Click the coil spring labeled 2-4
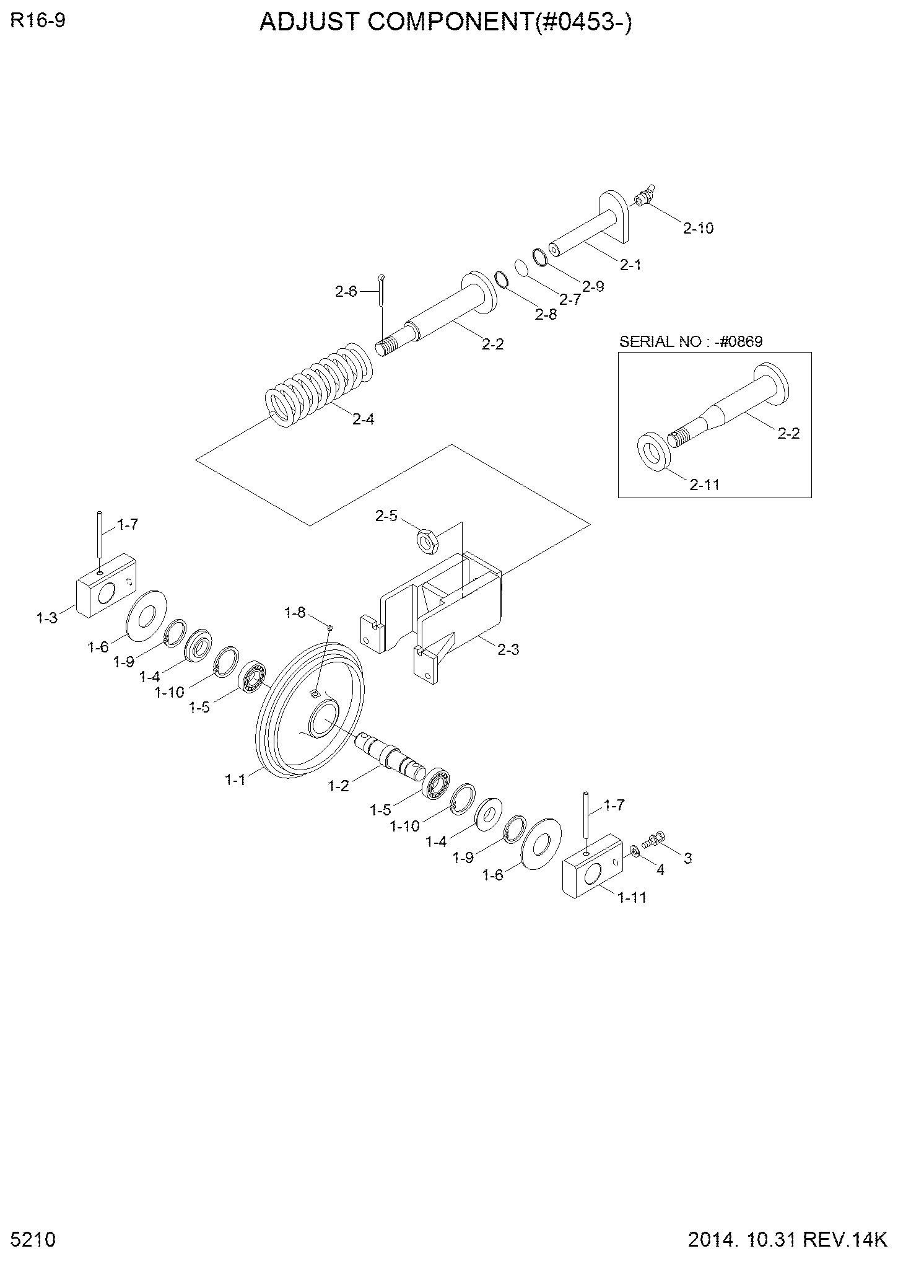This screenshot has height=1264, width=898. (x=319, y=385)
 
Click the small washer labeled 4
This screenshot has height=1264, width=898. (x=635, y=850)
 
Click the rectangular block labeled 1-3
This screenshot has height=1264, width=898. (x=106, y=586)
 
